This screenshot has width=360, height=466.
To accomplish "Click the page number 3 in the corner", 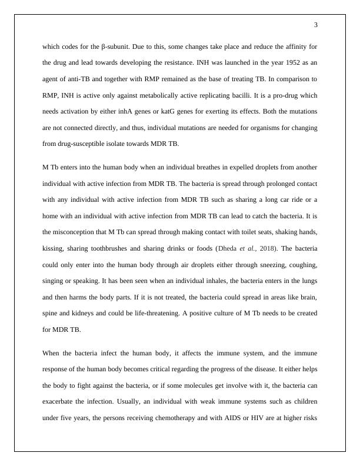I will point(316,25).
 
